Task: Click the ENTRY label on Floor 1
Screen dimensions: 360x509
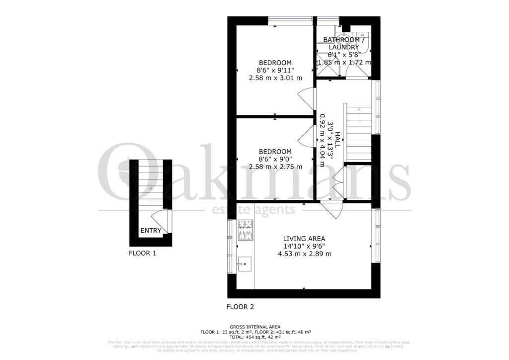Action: (x=151, y=230)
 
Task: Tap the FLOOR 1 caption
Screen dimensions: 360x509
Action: (x=143, y=253)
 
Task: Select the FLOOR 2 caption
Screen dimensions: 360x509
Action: (x=240, y=307)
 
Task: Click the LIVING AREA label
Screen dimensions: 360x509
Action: (x=304, y=238)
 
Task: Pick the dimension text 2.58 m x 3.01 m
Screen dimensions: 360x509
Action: (x=275, y=78)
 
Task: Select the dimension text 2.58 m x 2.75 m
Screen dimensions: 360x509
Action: (x=275, y=167)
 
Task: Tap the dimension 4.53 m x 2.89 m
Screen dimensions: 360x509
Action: (x=304, y=254)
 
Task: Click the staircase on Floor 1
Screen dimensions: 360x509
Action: (x=150, y=186)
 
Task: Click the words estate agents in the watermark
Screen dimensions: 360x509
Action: (x=254, y=209)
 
